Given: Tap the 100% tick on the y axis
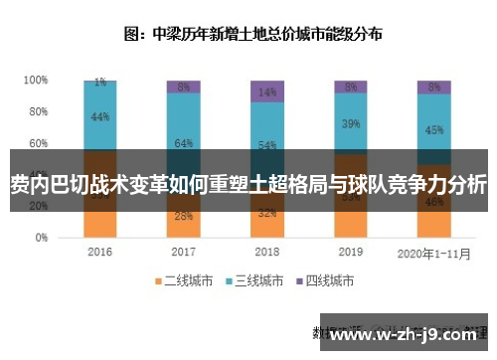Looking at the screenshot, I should (36, 80).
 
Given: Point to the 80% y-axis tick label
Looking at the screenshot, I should (38, 111).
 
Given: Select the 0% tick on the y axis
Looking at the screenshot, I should (41, 239).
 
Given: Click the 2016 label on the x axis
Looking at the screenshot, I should (99, 253).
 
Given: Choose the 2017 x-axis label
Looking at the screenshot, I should (183, 253).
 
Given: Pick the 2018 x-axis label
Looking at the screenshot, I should (266, 253).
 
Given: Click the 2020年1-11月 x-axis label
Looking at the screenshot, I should (433, 253).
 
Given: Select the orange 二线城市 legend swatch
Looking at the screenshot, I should (156, 281).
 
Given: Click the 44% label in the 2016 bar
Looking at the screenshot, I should (99, 117).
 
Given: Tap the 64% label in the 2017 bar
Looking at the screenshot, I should (183, 144).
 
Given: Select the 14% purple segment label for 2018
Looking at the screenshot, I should (266, 92).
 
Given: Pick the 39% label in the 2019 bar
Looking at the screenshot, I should (351, 124).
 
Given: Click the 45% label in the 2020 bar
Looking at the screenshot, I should (433, 129).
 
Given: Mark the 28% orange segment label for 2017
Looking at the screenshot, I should (183, 216).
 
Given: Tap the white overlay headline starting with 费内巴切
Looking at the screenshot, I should (248, 184).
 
